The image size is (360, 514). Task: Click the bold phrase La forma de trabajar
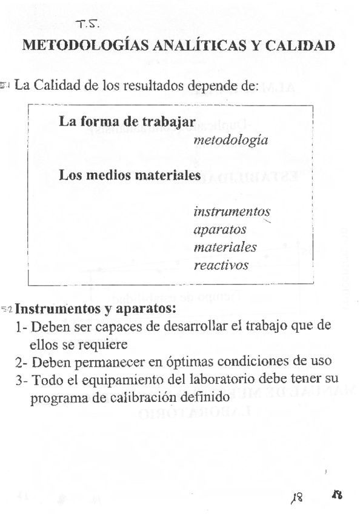click(x=127, y=121)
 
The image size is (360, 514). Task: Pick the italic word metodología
click(x=231, y=140)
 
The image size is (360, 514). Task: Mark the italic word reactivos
click(x=221, y=265)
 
